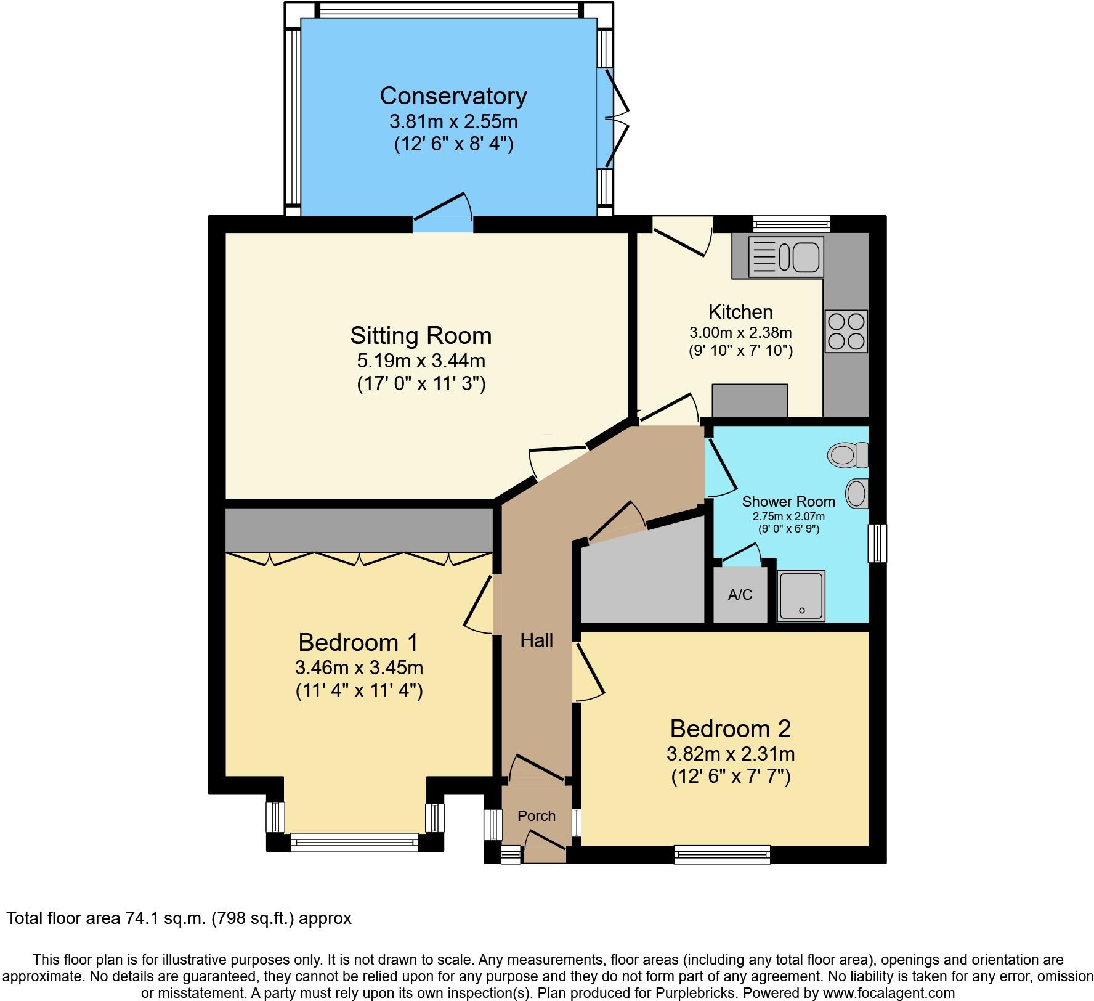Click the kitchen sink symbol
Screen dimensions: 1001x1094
(786, 257)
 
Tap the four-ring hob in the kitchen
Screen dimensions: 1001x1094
(846, 331)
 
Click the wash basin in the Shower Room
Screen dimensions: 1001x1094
(856, 493)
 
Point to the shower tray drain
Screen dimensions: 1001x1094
(801, 610)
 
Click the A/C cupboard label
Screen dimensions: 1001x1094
(740, 595)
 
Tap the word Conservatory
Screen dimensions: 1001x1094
(453, 96)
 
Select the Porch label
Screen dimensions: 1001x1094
(536, 816)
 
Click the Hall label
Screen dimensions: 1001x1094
(537, 641)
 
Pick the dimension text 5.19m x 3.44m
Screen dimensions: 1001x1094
(421, 360)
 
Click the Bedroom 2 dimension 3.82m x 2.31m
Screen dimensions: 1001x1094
(730, 754)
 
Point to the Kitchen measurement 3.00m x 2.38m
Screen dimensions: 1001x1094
(740, 333)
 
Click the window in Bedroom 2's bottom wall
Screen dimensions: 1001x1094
(722, 854)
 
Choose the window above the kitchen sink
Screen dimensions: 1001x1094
(792, 223)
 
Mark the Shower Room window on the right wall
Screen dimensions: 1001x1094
(877, 543)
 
